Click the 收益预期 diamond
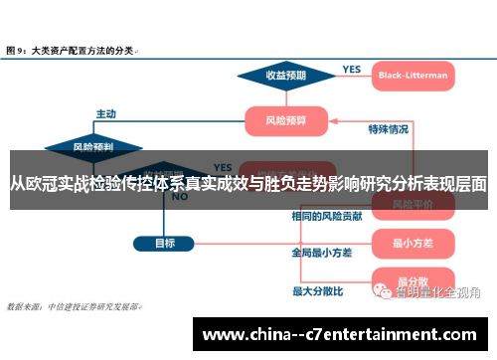(x=285, y=75)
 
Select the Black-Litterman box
(x=413, y=75)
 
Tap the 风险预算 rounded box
(x=286, y=121)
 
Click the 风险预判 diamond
(x=93, y=147)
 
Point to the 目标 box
(x=165, y=243)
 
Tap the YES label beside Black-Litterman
(x=351, y=70)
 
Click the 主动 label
(x=105, y=112)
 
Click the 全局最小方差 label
(x=321, y=253)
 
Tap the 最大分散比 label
(x=317, y=291)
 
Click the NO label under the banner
(x=180, y=197)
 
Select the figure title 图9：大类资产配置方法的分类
(x=72, y=49)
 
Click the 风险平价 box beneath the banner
(x=409, y=204)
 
